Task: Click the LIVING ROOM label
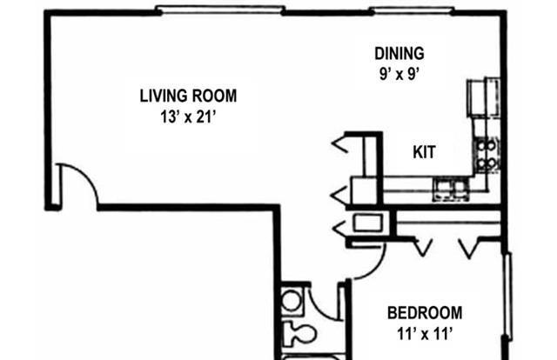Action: (188, 96)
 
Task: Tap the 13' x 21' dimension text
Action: (188, 117)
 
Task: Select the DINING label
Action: (399, 54)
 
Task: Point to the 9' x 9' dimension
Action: (399, 74)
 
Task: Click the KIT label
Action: (424, 152)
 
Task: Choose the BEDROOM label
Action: (425, 313)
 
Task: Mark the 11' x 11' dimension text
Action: (425, 334)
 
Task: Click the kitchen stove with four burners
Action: (486, 155)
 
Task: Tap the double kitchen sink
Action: (451, 190)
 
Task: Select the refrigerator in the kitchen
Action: (483, 97)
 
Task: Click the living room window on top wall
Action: (220, 10)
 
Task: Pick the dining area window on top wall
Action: (412, 10)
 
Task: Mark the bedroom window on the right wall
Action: (508, 297)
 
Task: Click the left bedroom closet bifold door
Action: (422, 248)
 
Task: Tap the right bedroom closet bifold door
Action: (469, 248)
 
